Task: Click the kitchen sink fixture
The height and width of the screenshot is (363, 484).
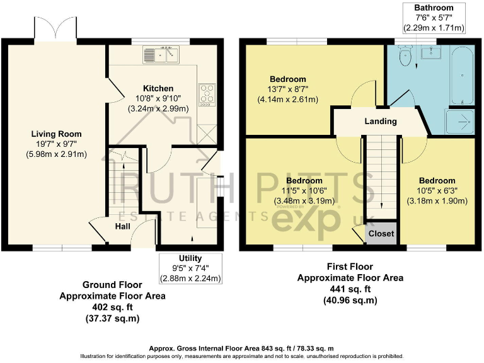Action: click(x=161, y=55)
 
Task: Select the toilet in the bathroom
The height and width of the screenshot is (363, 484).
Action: click(x=405, y=55)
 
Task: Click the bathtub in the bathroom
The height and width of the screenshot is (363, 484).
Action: click(x=462, y=76)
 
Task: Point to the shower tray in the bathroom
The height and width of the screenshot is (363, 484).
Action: click(x=459, y=122)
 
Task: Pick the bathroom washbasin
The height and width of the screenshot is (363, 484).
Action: click(x=431, y=52)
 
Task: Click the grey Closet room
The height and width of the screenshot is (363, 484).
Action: click(x=381, y=233)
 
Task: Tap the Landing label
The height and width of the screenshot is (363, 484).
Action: click(x=381, y=121)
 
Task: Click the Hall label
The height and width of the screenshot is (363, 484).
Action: click(x=122, y=227)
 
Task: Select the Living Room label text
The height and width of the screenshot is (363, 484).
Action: click(x=57, y=134)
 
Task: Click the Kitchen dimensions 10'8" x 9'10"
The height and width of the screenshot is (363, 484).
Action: click(x=158, y=98)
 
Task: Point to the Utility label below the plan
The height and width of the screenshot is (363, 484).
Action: click(x=190, y=258)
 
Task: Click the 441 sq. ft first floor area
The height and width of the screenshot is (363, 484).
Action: click(x=350, y=289)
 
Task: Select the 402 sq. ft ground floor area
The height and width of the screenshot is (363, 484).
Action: click(x=112, y=308)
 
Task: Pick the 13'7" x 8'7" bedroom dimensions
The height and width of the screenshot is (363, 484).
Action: click(x=287, y=89)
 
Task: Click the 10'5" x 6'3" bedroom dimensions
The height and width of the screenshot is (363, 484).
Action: click(x=437, y=191)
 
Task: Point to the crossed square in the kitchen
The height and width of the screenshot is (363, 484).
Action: click(x=207, y=134)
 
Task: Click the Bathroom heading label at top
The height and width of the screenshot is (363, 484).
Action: click(x=434, y=8)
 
